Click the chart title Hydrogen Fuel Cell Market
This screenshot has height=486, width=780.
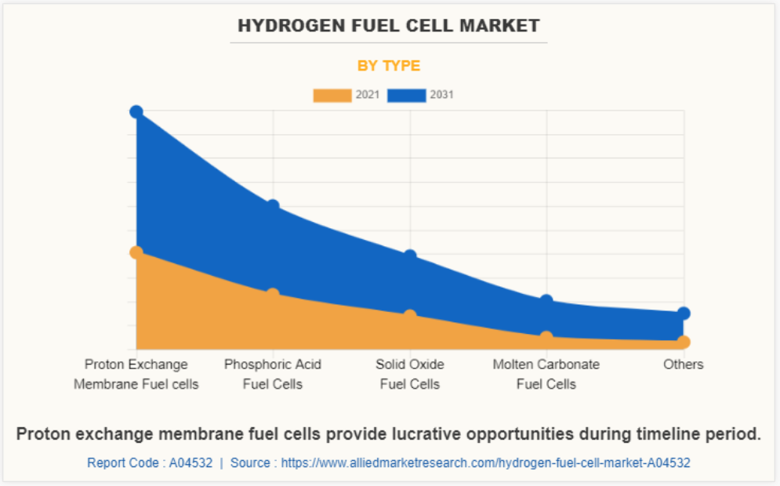[x=389, y=26]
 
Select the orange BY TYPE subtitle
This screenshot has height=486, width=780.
[x=389, y=66]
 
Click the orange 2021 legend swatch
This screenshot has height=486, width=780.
[x=332, y=95]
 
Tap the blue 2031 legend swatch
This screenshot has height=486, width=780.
[x=407, y=95]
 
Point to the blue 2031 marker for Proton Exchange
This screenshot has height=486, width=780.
[x=136, y=112]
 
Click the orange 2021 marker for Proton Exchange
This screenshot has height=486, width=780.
[x=136, y=252]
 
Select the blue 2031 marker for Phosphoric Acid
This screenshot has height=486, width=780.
[x=273, y=206]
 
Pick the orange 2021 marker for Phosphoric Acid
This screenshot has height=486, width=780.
[x=273, y=295]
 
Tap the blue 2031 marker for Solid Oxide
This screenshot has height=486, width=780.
[x=409, y=256]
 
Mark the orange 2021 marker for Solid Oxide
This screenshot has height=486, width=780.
[x=409, y=315]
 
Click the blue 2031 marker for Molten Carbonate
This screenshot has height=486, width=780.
[x=546, y=301]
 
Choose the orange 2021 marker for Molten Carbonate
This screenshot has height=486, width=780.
[x=546, y=338]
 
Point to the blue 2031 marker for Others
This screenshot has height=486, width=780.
[x=683, y=314]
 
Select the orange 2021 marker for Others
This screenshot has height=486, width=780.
[x=683, y=342]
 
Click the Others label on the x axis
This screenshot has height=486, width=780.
[x=683, y=364]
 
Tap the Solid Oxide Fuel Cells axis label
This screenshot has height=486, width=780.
[x=409, y=374]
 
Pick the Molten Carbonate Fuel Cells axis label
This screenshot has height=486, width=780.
[x=546, y=374]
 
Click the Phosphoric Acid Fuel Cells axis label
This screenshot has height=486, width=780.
[x=273, y=374]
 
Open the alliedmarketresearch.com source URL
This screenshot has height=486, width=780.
[x=485, y=462]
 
